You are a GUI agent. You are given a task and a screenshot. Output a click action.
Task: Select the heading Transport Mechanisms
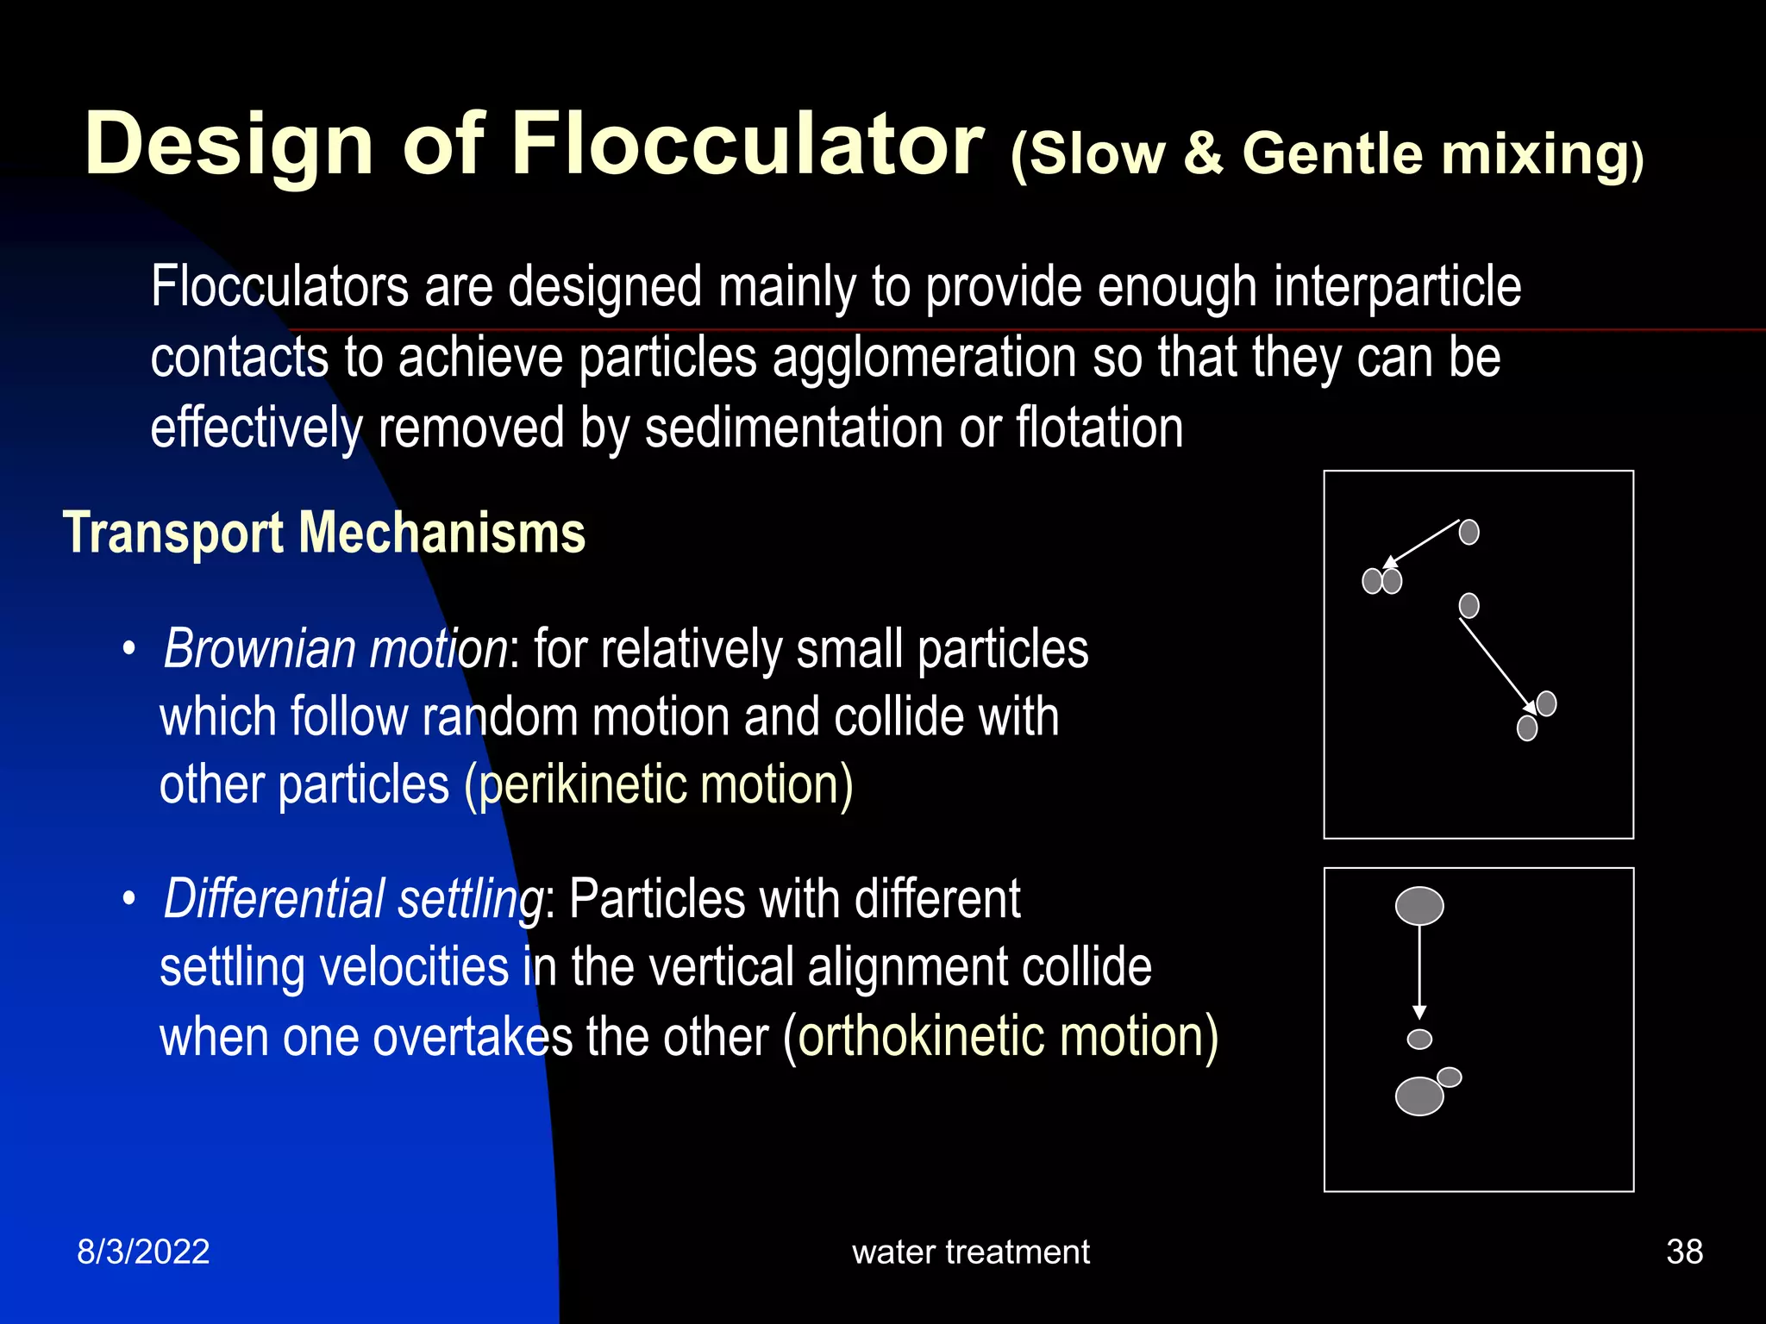(x=324, y=533)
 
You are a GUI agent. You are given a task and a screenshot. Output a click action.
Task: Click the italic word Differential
(x=274, y=898)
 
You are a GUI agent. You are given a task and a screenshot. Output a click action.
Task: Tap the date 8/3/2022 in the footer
(x=143, y=1252)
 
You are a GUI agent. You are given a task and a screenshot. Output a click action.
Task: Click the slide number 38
(x=1684, y=1252)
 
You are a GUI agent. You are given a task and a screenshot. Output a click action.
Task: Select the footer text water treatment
(x=971, y=1252)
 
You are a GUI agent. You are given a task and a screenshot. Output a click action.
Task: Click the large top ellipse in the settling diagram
(x=1419, y=906)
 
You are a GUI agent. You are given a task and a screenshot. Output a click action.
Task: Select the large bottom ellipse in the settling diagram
(x=1419, y=1096)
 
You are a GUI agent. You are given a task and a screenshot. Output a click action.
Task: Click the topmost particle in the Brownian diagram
(x=1469, y=532)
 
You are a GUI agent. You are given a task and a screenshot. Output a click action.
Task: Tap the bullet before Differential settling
(x=129, y=899)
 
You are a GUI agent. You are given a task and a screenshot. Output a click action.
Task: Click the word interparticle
(x=1397, y=286)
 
